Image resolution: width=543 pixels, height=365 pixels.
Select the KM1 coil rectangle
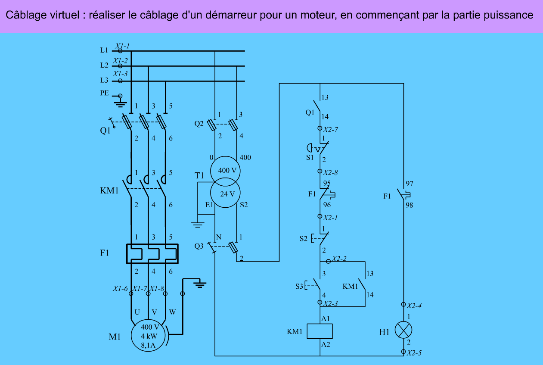(320, 331)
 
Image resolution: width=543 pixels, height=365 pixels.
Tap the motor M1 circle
(148, 335)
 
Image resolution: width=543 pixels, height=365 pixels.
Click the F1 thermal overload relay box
(152, 254)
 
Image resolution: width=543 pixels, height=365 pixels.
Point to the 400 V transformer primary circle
(224, 170)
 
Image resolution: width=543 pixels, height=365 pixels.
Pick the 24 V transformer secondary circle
(224, 194)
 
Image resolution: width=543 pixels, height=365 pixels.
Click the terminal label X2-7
(330, 129)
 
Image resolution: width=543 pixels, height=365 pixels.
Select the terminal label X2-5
(414, 353)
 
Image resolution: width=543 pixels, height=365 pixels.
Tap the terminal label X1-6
(121, 289)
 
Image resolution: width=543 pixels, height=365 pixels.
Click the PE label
(105, 93)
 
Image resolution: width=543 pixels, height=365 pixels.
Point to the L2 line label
(104, 66)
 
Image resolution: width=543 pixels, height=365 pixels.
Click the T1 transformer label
(199, 175)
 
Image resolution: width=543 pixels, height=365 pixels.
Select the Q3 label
(199, 246)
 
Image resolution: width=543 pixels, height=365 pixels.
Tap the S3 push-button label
(299, 285)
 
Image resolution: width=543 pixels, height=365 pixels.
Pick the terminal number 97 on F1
(409, 184)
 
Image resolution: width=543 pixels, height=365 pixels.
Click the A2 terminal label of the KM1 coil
(326, 344)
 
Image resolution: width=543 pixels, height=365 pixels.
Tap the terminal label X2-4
(414, 306)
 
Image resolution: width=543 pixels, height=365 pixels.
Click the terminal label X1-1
(122, 45)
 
